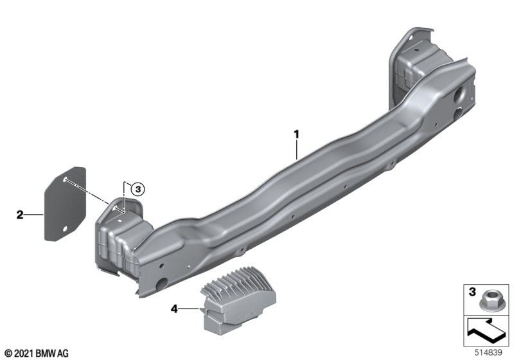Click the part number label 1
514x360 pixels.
click(x=296, y=134)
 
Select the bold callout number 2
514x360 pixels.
click(x=20, y=215)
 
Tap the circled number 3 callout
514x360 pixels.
click(x=137, y=189)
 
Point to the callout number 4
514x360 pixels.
click(x=174, y=309)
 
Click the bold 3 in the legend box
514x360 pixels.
click(x=472, y=292)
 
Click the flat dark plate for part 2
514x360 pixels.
click(x=66, y=204)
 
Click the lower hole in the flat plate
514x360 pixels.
click(x=65, y=228)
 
